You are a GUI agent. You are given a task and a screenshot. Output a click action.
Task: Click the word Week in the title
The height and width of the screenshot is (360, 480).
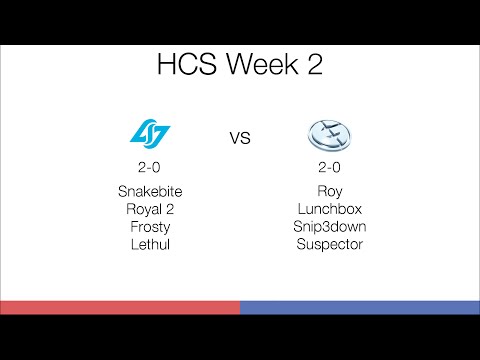[253, 67]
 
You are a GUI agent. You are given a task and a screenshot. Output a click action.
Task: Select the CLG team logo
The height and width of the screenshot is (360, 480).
[151, 132]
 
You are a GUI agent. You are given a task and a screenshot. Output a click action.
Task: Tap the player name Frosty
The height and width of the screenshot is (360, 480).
[151, 226]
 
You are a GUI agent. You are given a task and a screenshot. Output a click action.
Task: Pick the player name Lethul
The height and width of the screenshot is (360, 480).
[151, 243]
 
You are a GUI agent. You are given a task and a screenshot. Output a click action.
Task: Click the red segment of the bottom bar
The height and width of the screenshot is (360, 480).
[120, 307]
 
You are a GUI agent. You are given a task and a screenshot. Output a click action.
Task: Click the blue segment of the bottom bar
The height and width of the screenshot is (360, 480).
[360, 307]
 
